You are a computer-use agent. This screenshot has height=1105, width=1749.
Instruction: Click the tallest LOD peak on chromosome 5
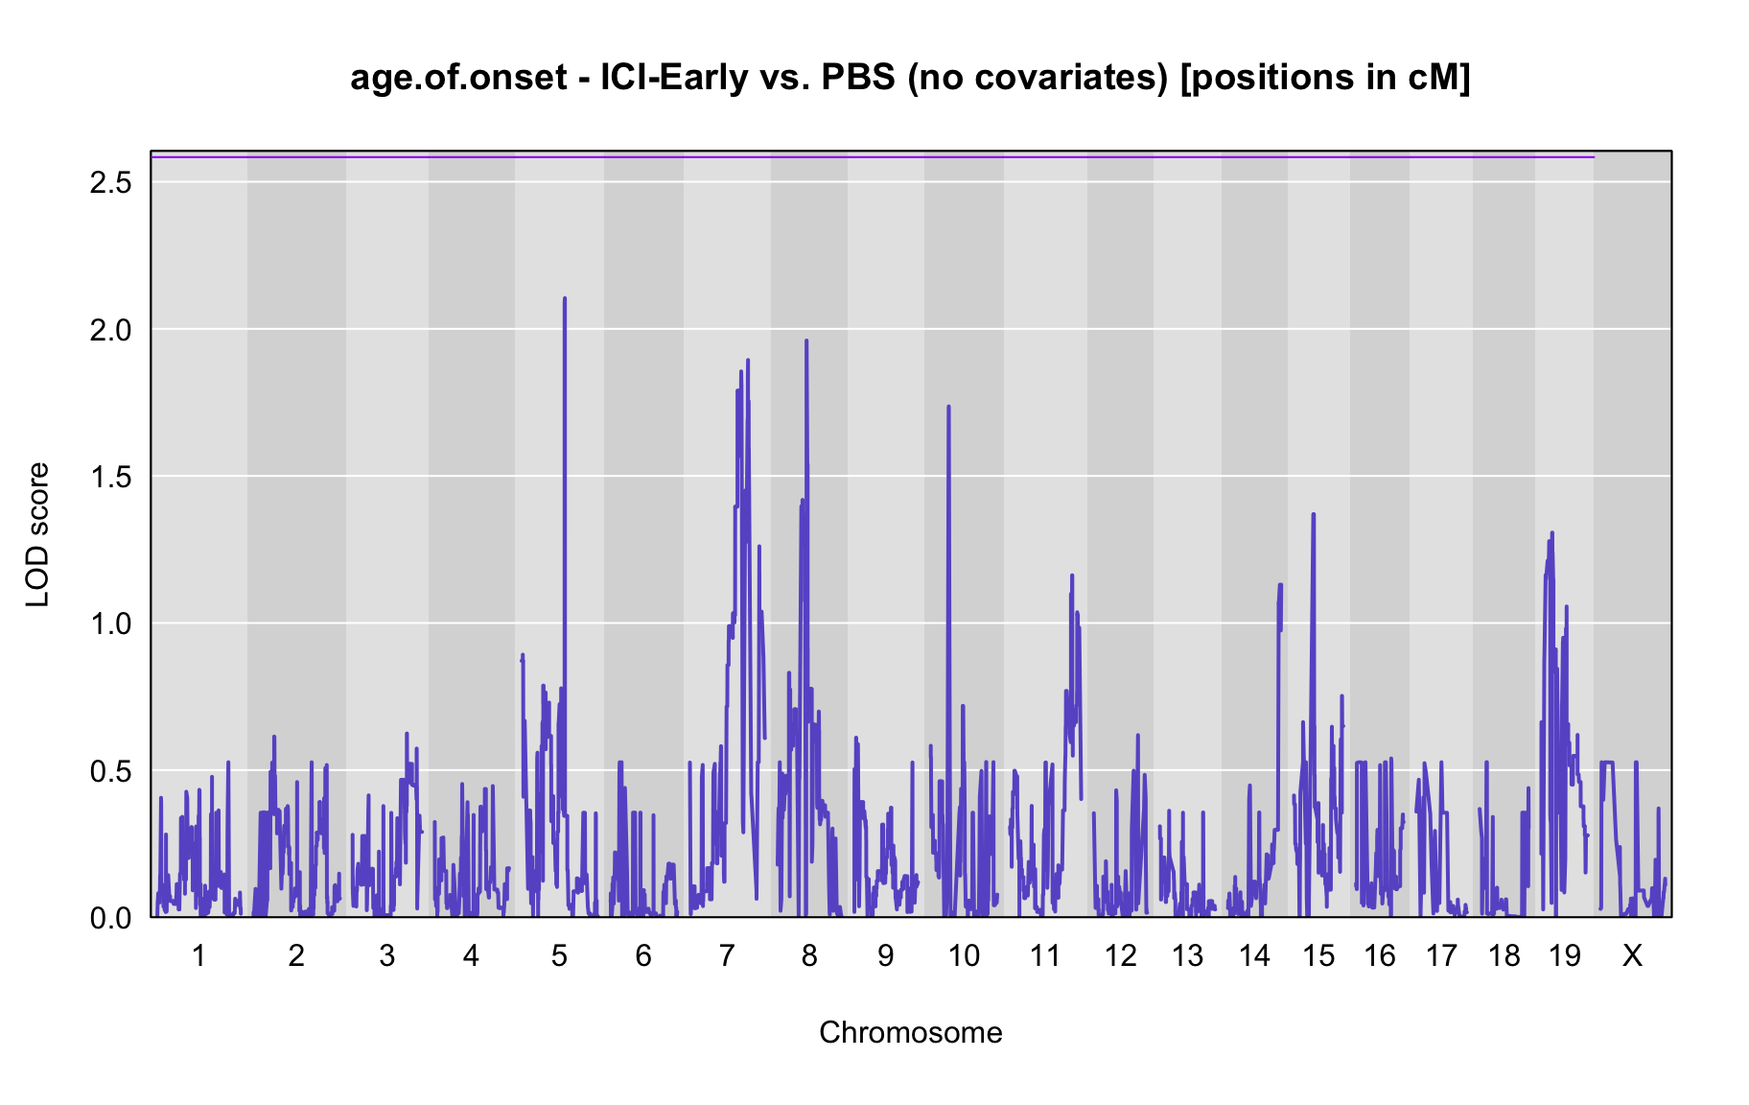[x=565, y=298]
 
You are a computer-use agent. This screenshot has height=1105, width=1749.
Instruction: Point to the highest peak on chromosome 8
[x=806, y=341]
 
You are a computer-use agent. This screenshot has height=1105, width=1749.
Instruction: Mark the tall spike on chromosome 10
[x=948, y=407]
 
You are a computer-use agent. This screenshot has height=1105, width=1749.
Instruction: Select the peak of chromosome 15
[x=1314, y=514]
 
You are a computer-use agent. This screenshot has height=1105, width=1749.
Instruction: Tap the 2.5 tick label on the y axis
[x=111, y=182]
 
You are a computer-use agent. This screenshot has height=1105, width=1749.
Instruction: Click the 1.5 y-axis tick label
[x=111, y=477]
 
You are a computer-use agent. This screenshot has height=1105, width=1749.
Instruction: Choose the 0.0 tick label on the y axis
[x=111, y=918]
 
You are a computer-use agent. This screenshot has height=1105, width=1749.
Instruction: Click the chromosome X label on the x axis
[x=1632, y=955]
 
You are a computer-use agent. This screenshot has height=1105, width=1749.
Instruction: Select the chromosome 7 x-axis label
[x=727, y=955]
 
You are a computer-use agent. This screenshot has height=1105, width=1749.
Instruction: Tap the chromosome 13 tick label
[x=1187, y=955]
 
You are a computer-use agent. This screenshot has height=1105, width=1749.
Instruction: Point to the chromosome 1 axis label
[x=198, y=955]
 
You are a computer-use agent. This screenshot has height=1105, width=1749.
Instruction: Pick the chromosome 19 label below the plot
[x=1565, y=955]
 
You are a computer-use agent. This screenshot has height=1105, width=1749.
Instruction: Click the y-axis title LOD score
[x=37, y=534]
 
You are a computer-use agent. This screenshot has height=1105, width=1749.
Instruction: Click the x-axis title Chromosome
[x=911, y=1032]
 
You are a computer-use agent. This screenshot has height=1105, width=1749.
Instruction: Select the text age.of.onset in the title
[x=459, y=78]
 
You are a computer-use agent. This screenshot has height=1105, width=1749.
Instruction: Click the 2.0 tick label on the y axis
[x=111, y=330]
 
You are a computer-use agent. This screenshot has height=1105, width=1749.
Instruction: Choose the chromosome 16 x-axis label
[x=1380, y=955]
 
